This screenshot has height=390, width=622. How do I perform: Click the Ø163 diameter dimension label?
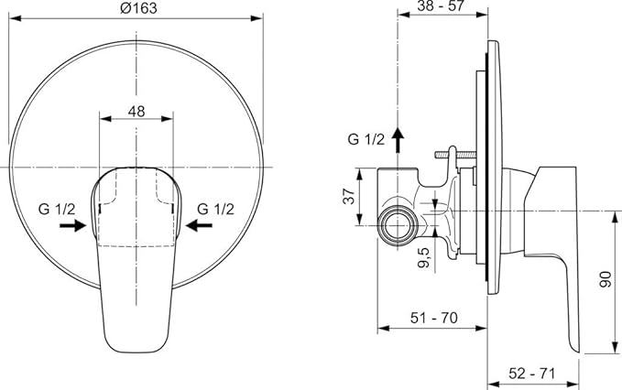(x=138, y=8)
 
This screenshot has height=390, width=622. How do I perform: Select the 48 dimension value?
(x=136, y=112)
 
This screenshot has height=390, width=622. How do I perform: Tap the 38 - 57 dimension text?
(x=441, y=5)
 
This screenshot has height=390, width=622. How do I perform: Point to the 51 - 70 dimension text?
(x=433, y=318)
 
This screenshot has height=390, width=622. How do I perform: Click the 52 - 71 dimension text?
(x=532, y=373)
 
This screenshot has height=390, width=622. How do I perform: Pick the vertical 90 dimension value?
(x=606, y=279)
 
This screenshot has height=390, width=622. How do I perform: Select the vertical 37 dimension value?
(x=349, y=196)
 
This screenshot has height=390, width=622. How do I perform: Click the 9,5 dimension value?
(x=424, y=257)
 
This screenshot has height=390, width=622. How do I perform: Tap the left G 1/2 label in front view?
(x=57, y=209)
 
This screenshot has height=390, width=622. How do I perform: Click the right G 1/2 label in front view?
(x=216, y=209)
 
